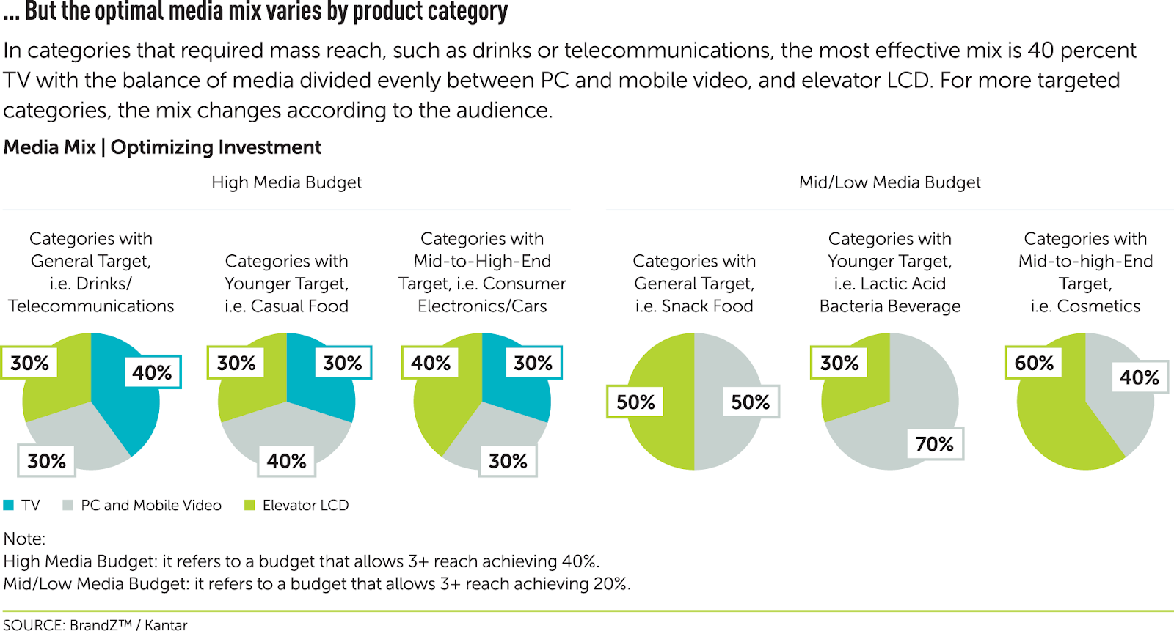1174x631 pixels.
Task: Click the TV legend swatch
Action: (9, 505)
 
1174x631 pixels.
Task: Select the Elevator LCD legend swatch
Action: (249, 505)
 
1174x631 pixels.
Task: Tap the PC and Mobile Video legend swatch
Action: (68, 505)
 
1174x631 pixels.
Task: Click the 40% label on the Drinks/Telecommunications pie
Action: (152, 372)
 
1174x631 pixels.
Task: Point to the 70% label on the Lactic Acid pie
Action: (934, 443)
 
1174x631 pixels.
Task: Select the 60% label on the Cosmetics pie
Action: (1033, 363)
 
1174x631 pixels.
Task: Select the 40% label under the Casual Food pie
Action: (286, 461)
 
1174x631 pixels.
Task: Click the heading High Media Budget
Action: (286, 182)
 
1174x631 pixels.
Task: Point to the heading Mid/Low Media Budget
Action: (889, 182)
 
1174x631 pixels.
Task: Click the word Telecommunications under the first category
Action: (91, 306)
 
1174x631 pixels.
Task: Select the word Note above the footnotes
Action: (23, 539)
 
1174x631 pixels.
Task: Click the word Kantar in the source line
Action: (166, 624)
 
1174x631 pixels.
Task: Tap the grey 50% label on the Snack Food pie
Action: (750, 402)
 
